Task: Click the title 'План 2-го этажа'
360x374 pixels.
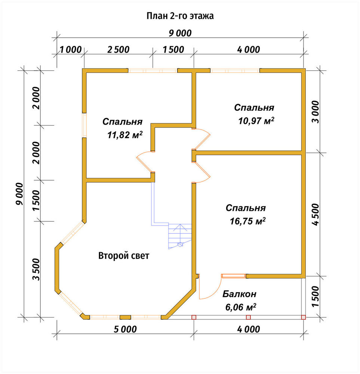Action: [x=180, y=16]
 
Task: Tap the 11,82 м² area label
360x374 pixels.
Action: [x=125, y=135]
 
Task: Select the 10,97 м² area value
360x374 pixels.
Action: [x=256, y=121]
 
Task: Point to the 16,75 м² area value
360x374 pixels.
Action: [x=247, y=221]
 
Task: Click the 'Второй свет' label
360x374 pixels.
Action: [x=124, y=256]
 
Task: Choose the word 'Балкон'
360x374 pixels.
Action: [x=239, y=294]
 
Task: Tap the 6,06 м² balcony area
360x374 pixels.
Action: [x=240, y=307]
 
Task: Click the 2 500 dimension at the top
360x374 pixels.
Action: [x=118, y=50]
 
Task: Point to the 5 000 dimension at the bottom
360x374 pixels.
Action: [x=125, y=329]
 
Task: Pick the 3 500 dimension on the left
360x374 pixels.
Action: [x=37, y=269]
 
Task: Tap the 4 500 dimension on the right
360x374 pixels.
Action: [x=316, y=214]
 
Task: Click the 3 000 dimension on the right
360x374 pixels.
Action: [x=316, y=111]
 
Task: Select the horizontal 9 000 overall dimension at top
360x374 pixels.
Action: [x=180, y=33]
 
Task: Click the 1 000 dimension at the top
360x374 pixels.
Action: [x=70, y=50]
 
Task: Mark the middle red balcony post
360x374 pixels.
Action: [x=248, y=317]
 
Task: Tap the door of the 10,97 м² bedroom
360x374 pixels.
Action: [x=201, y=139]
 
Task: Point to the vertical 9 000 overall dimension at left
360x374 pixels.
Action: [x=20, y=194]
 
